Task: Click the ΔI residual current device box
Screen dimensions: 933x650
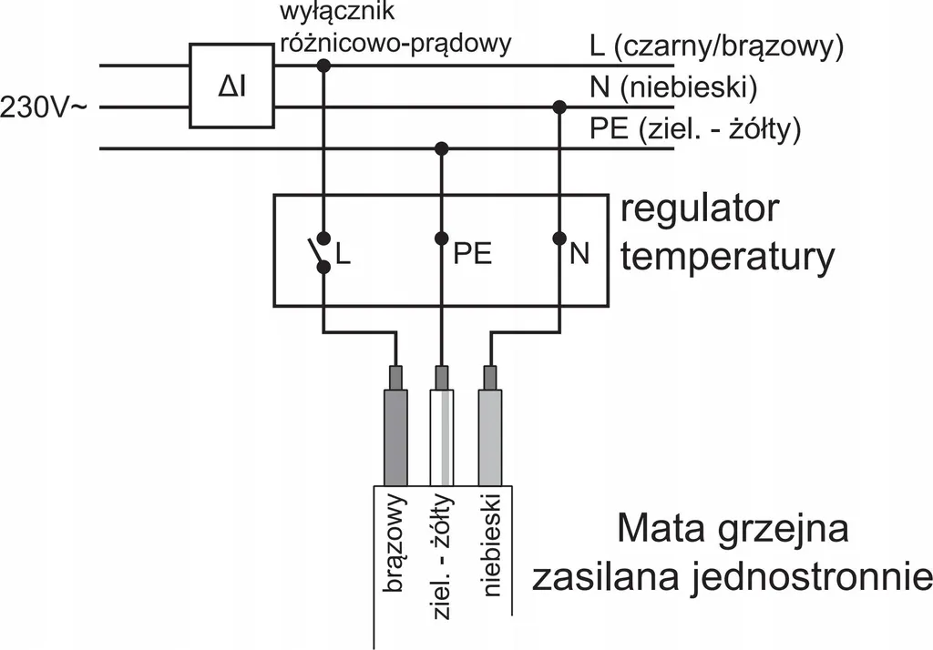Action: [x=232, y=86]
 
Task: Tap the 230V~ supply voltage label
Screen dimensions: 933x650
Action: [x=44, y=108]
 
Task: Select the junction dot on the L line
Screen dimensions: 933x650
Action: [x=323, y=65]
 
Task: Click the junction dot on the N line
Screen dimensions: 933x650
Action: [x=559, y=107]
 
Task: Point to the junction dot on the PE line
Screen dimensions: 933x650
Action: [x=441, y=147]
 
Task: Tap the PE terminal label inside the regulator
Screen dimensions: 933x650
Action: [x=473, y=254]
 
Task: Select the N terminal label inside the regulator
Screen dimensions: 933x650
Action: [x=579, y=254]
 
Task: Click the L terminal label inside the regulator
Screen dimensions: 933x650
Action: [x=343, y=254]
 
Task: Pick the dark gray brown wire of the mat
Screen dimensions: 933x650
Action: [x=395, y=437]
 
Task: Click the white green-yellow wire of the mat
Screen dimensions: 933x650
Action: [x=441, y=437]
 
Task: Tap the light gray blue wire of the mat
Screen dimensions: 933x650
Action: [x=489, y=437]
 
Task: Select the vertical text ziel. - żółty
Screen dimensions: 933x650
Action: [x=442, y=556]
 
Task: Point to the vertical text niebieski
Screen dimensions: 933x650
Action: [x=491, y=544]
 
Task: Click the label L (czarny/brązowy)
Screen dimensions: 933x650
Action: [x=716, y=47]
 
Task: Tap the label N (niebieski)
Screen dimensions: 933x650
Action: [x=673, y=88]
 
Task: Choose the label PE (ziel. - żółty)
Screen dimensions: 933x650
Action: [x=695, y=129]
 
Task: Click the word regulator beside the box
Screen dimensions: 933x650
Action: [x=700, y=210]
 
